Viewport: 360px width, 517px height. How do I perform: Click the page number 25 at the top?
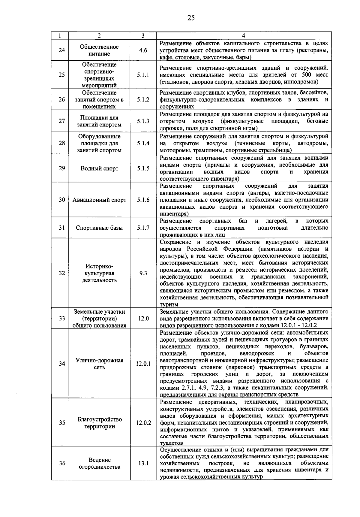[191, 18]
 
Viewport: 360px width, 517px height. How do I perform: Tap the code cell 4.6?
[143, 50]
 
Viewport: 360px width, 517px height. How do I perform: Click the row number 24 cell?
[61, 50]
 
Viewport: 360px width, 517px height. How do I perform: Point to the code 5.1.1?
[143, 75]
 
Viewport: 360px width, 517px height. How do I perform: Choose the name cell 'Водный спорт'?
[99, 168]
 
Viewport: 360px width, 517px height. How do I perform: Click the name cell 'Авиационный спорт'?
[99, 200]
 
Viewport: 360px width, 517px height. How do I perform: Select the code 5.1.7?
[143, 228]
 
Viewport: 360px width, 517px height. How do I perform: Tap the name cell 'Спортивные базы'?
[99, 228]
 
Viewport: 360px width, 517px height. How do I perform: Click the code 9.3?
[143, 273]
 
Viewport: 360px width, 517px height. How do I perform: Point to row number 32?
[61, 273]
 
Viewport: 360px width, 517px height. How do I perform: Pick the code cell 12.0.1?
[143, 364]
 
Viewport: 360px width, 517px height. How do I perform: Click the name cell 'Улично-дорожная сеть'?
[99, 364]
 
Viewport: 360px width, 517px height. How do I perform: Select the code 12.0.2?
[143, 423]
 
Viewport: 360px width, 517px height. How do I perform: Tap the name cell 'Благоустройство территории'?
[99, 423]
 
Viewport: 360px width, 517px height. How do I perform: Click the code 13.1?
[143, 463]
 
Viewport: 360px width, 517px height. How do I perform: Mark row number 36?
[61, 463]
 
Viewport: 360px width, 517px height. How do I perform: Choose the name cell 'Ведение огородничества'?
[99, 463]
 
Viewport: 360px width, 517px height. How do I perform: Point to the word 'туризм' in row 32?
[169, 305]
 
